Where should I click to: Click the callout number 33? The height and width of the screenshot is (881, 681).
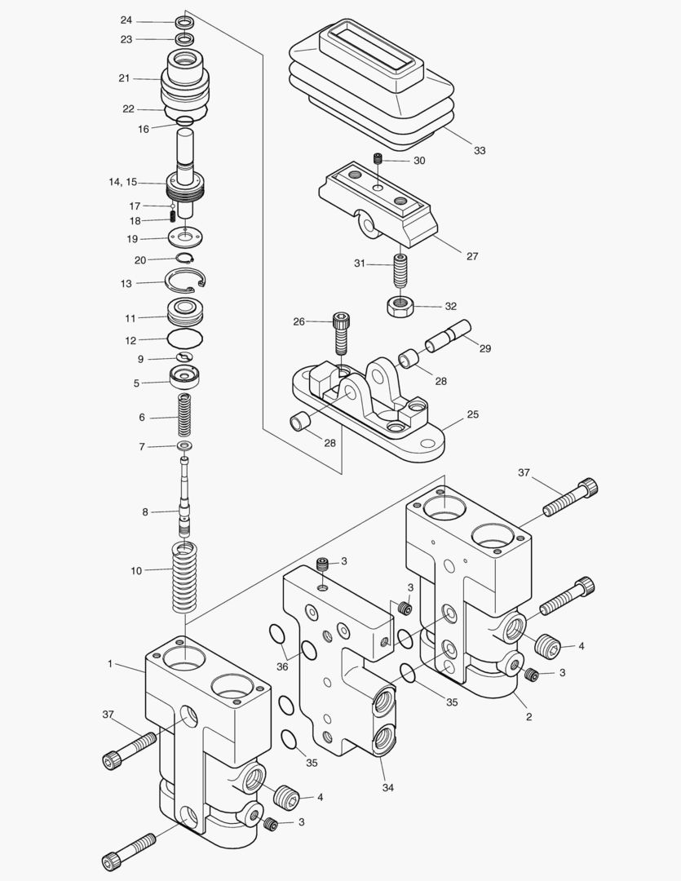[479, 151]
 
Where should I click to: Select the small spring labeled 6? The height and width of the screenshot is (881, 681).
[184, 416]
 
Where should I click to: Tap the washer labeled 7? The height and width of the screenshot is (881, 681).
[184, 446]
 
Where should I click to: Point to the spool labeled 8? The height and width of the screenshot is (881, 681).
[185, 498]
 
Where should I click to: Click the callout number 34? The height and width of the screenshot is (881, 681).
[388, 787]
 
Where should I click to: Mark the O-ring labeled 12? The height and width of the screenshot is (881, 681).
[184, 339]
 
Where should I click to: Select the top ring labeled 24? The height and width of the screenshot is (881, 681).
[184, 20]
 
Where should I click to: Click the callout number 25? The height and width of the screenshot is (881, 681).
[472, 414]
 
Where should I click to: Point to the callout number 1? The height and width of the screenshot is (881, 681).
[110, 664]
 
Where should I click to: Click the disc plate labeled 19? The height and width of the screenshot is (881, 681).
[187, 238]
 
